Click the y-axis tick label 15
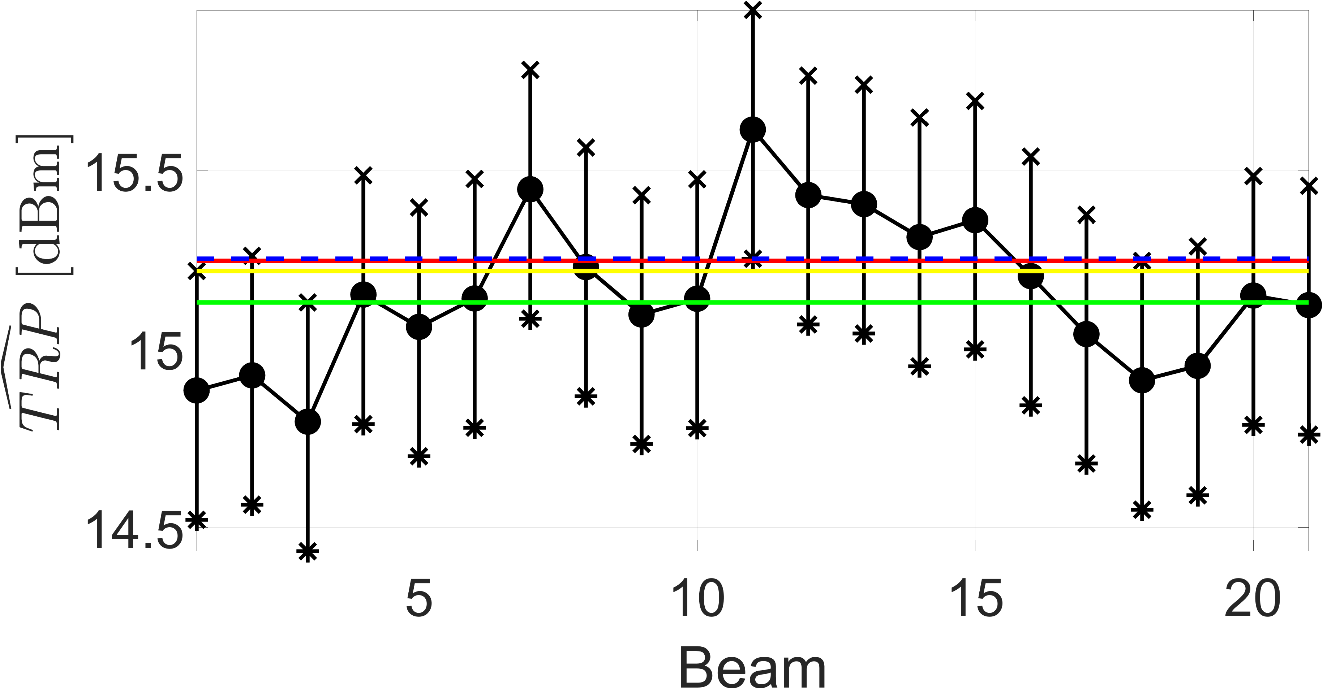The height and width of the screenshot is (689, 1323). coord(156,352)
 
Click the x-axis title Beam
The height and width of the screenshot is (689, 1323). coord(752,667)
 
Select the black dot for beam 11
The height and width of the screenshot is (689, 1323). coord(753,129)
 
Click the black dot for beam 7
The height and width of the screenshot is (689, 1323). coord(531,189)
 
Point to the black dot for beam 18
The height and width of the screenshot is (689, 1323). coord(1142,381)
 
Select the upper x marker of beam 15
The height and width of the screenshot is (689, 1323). coord(975,101)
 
